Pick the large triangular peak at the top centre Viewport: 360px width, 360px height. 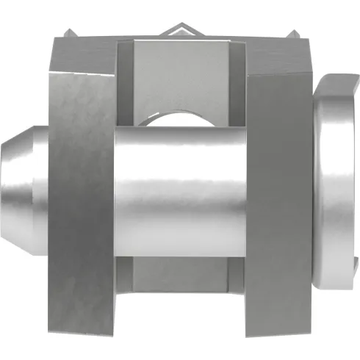[x=180, y=29]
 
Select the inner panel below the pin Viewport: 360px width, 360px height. [x=180, y=276]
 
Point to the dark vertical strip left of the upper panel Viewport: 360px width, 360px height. [x=126, y=81]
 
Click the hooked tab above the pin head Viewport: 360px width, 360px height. [x=338, y=81]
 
